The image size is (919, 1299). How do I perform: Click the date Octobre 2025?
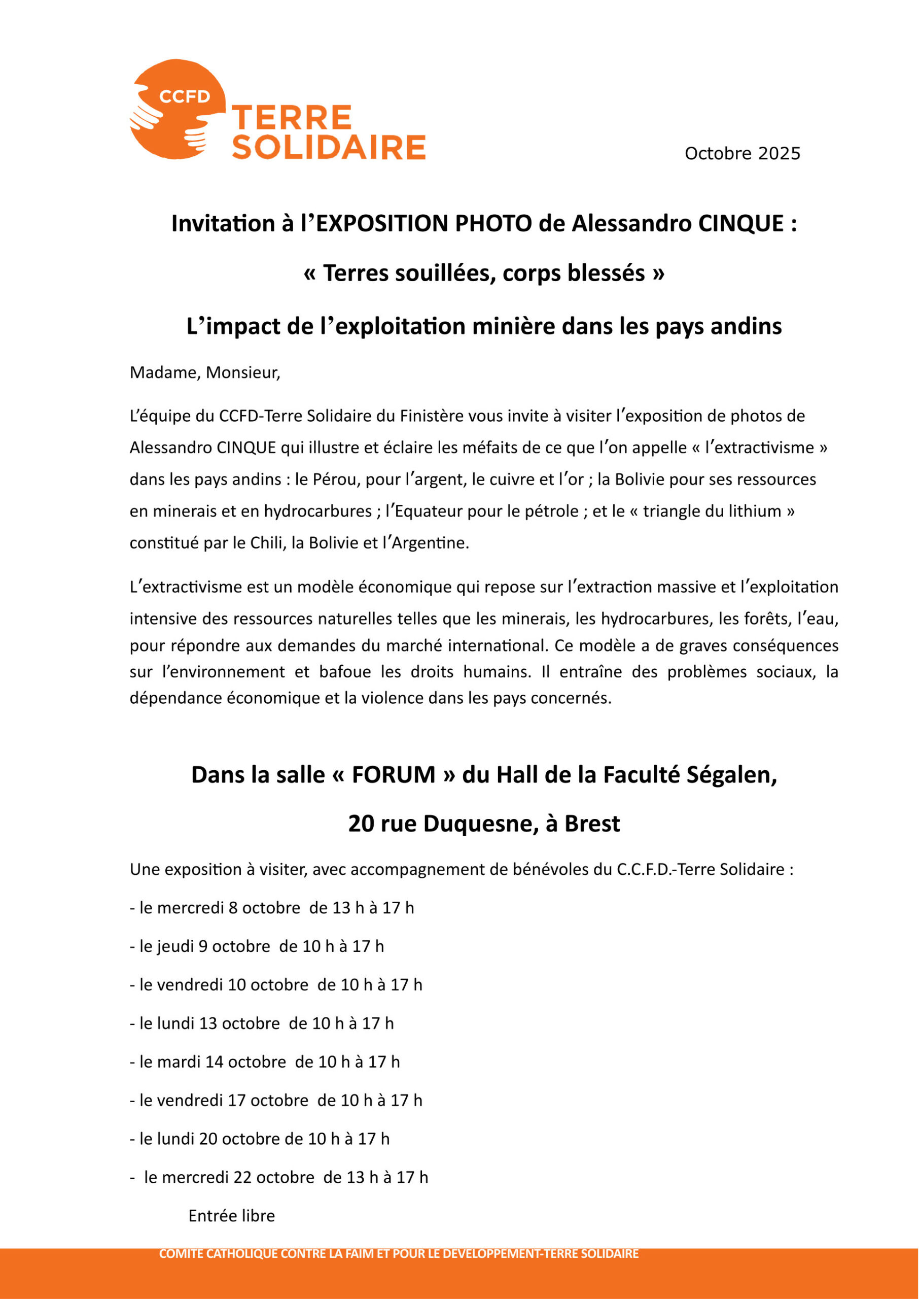point(742,153)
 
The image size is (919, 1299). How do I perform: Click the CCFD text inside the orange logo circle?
point(185,97)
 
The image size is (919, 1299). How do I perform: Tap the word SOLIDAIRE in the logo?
point(329,148)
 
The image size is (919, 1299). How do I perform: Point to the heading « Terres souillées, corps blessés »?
point(484,274)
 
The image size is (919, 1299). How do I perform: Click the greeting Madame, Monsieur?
point(205,372)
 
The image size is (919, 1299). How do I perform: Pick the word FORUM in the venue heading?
point(393,775)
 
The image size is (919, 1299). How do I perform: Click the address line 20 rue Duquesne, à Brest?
point(484,824)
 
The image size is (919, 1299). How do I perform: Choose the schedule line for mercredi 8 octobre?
point(272,908)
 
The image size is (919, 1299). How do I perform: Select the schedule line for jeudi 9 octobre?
point(257,946)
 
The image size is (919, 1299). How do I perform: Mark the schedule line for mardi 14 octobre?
point(265,1062)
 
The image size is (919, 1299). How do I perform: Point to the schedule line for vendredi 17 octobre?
point(276,1100)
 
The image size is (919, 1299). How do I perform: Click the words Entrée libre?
point(231,1216)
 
